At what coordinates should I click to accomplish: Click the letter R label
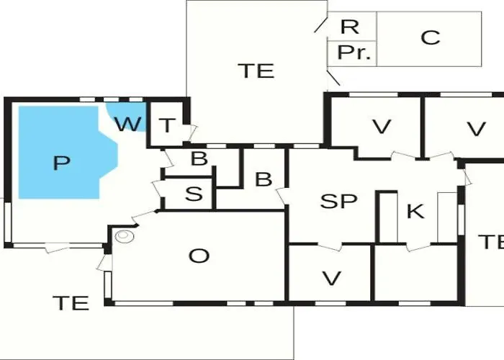click(350, 27)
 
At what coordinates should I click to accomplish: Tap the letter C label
click(430, 37)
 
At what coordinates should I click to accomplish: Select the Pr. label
click(354, 53)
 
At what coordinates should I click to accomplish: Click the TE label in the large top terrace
click(256, 71)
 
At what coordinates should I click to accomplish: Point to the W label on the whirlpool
click(128, 124)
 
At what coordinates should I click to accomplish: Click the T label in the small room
click(167, 125)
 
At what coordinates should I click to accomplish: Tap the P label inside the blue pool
click(61, 163)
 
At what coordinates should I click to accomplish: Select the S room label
click(194, 194)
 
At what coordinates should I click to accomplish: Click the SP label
click(339, 201)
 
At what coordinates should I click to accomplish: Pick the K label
click(415, 211)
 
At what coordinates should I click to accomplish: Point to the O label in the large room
click(199, 256)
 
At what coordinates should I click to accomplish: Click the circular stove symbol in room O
click(124, 236)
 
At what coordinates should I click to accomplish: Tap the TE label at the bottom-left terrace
click(71, 303)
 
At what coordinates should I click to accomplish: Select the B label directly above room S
click(199, 158)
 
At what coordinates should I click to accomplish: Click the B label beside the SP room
click(264, 179)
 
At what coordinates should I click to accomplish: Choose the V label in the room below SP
click(331, 278)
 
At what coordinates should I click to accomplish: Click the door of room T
click(192, 132)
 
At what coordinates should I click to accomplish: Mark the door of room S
click(158, 189)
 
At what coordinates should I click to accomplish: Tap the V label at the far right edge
click(476, 129)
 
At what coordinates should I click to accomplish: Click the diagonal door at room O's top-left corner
click(144, 218)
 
